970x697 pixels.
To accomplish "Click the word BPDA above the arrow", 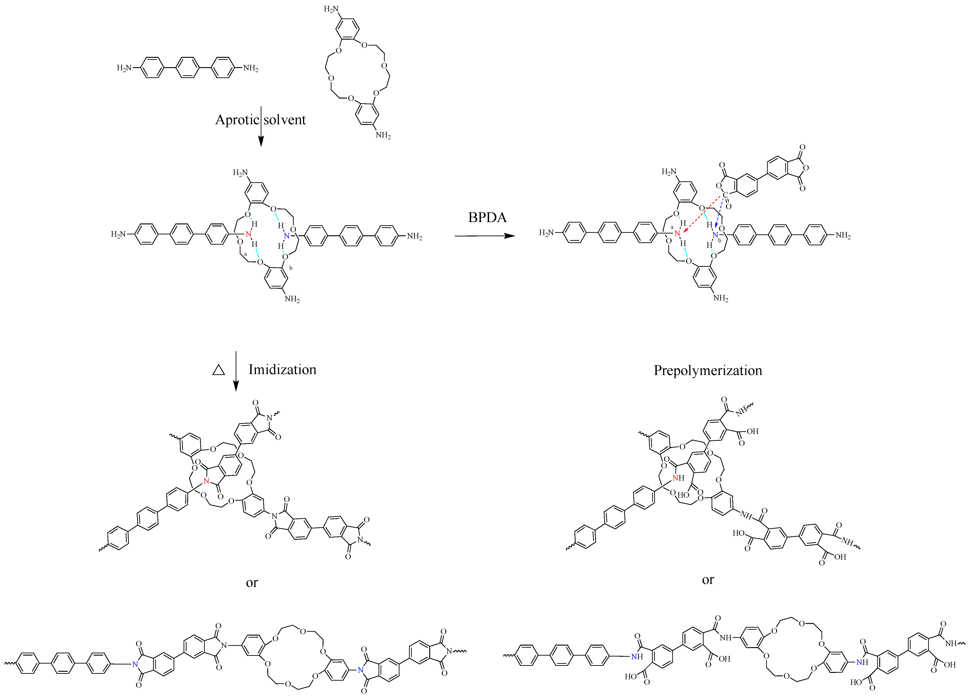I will [x=487, y=217].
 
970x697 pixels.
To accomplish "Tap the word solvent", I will [x=284, y=120].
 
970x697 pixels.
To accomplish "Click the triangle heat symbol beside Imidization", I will [x=219, y=370].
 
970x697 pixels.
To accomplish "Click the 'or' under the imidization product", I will [x=252, y=583].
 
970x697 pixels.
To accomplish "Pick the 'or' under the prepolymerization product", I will [x=708, y=580].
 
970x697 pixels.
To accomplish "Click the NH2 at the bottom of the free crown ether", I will [x=383, y=136].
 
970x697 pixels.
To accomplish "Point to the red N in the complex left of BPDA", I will [x=248, y=234].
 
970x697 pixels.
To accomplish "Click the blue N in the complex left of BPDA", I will [x=287, y=236].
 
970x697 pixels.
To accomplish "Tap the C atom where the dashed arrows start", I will [x=725, y=195].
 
